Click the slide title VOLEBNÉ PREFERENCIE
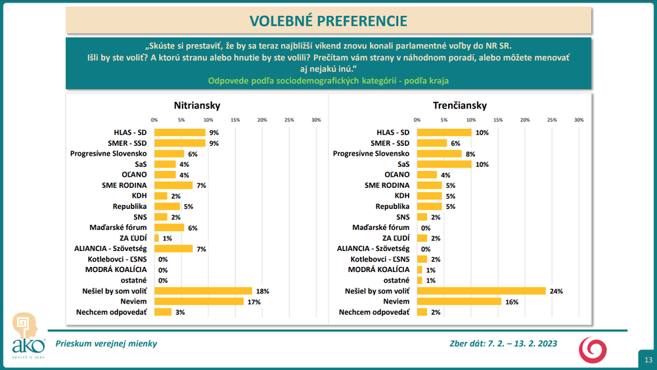[x=328, y=20]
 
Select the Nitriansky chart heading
[x=196, y=105]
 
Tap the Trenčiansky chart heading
[x=459, y=105]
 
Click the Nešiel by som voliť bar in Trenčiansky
[x=482, y=290]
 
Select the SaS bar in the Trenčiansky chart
[x=444, y=164]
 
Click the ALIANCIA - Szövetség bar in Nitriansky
[x=173, y=248]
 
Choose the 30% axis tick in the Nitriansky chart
[x=316, y=120]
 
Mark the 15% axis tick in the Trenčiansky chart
[x=498, y=120]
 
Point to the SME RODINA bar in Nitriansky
[x=173, y=185]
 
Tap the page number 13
[x=648, y=359]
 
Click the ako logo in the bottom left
[x=28, y=336]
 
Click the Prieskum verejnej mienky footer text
[x=106, y=343]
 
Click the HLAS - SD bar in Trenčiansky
[x=444, y=132]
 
